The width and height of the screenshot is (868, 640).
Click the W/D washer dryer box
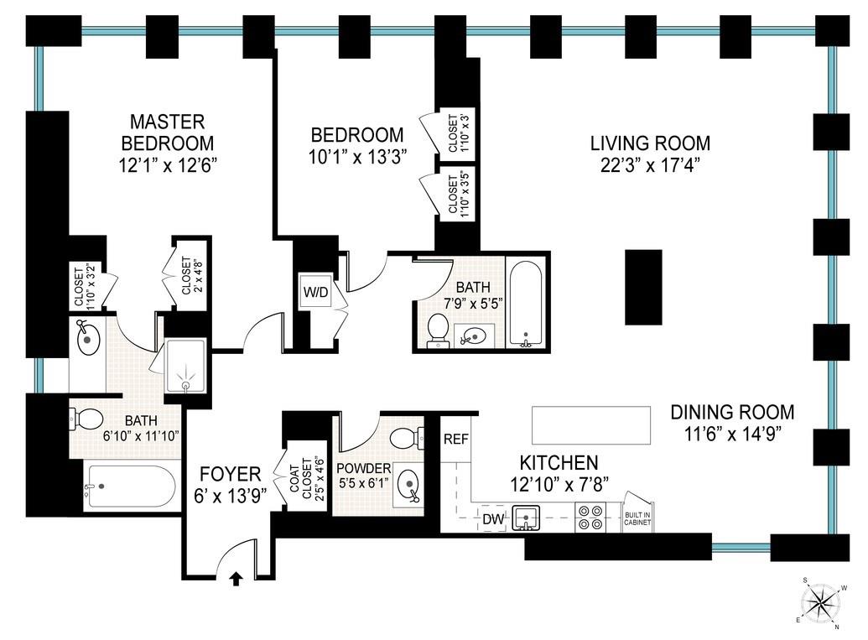point(316,291)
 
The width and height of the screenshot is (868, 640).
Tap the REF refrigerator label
point(456,439)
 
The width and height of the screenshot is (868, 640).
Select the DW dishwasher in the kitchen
point(493,518)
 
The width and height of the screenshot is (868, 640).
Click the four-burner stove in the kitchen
point(590,517)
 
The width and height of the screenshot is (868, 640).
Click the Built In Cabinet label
point(637,518)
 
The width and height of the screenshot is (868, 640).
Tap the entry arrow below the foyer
point(236,579)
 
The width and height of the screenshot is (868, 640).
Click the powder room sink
point(408,485)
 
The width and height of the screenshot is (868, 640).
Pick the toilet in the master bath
point(85,419)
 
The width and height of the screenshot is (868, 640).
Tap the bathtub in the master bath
point(130,487)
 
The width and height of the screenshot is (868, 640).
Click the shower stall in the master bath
point(186,366)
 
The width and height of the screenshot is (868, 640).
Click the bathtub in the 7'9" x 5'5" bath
point(527,304)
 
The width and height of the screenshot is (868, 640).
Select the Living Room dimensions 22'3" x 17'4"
point(651,165)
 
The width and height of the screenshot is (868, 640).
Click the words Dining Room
point(732,412)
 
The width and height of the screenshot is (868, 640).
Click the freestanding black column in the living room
point(644,287)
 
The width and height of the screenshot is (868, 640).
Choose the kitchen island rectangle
point(591,425)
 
